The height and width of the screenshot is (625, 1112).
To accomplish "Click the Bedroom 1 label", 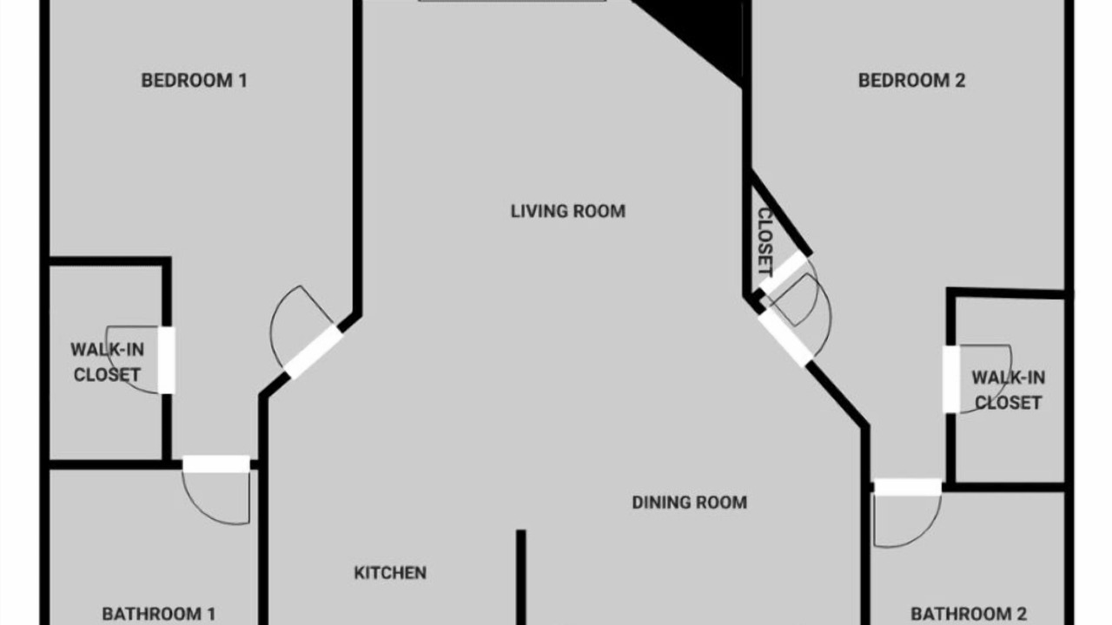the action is pos(194,81).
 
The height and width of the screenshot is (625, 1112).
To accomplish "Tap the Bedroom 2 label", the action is pos(912,81).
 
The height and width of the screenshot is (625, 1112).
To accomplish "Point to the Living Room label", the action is pos(568,211).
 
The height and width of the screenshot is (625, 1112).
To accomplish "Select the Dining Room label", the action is pos(690,503).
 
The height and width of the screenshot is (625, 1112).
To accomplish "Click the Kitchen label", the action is pos(390,573).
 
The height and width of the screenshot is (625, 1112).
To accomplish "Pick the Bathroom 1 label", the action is pos(159,614).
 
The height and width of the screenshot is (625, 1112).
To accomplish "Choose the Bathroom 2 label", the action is pos(969,614).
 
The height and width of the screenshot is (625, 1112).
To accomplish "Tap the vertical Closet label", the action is pos(765,241).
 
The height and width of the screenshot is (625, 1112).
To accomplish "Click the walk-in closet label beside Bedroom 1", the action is pos(107,362).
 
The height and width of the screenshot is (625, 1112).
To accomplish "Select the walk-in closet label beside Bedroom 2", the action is pos(1009,391).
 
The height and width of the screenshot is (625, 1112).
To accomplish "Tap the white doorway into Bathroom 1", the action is pos(216,464).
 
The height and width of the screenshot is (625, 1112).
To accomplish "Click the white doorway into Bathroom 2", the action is pos(908,487).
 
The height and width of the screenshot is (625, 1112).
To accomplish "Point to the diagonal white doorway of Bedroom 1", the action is pos(314,352).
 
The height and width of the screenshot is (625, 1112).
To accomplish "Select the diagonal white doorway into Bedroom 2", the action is pos(786,338).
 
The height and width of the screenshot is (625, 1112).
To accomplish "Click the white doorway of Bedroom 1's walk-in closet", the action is pos(166,360).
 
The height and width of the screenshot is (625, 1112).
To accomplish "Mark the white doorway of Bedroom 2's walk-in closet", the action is pos(951,379).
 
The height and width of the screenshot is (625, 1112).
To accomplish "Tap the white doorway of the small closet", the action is pos(784,272).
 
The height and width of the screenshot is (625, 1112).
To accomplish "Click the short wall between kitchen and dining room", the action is pos(520,577).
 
